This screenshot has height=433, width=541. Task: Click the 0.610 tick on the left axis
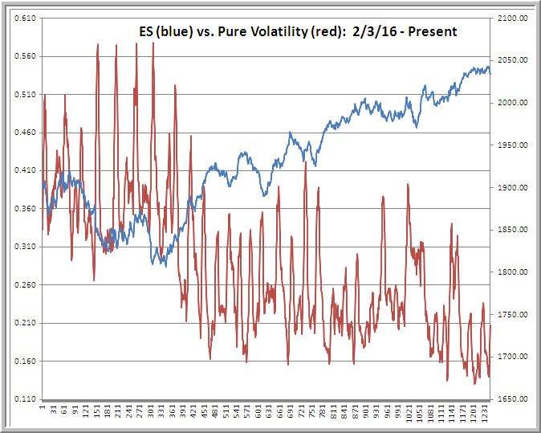tap(22, 18)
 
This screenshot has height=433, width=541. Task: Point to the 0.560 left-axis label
tap(22, 56)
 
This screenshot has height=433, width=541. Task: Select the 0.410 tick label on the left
tap(22, 170)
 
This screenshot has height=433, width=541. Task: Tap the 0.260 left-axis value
tap(22, 284)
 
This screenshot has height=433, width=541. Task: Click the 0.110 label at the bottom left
tap(22, 399)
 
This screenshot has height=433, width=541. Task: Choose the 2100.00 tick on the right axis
tap(511, 18)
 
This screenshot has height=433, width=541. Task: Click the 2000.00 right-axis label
tap(511, 103)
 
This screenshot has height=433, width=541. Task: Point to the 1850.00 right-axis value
tap(511, 230)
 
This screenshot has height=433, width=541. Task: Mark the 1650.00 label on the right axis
tap(511, 399)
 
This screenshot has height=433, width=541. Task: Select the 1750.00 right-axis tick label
tap(511, 314)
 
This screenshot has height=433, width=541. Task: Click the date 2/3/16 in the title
tap(373, 32)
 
